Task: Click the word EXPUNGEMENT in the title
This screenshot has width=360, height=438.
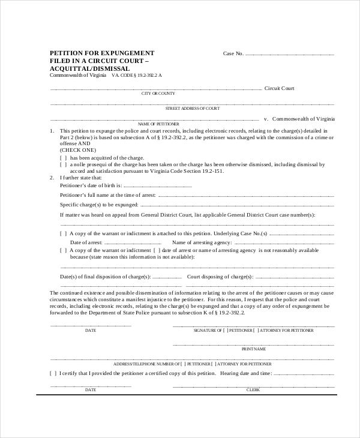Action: pyautogui.click(x=128, y=53)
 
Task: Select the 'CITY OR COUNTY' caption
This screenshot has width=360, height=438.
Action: pyautogui.click(x=158, y=94)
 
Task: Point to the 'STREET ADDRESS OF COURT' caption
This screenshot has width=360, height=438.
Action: pyautogui.click(x=192, y=108)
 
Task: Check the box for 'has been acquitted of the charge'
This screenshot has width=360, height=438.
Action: pyautogui.click(x=63, y=157)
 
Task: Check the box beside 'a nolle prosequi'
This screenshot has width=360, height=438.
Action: pyautogui.click(x=63, y=164)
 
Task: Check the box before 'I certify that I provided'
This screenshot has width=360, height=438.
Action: pyautogui.click(x=53, y=373)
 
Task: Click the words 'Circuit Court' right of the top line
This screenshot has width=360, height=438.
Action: pyautogui.click(x=280, y=88)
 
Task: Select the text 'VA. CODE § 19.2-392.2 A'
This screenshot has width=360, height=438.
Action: pyautogui.click(x=136, y=76)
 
